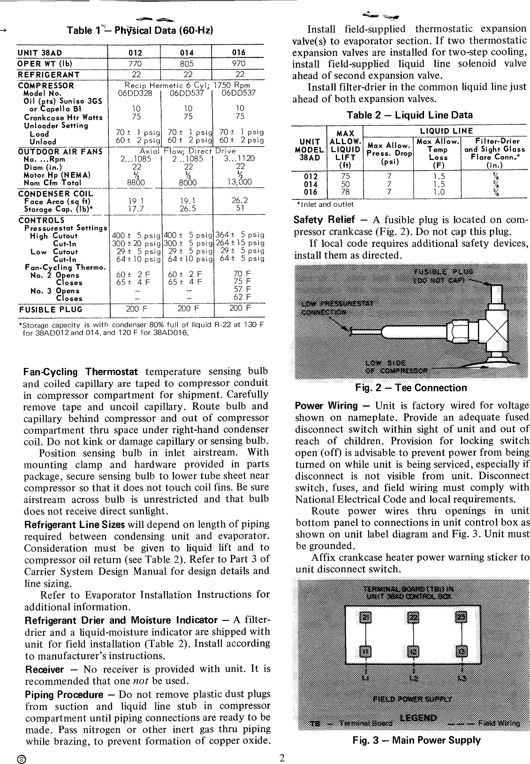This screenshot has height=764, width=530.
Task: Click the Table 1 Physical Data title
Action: (140, 31)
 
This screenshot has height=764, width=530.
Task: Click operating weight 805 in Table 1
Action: (187, 63)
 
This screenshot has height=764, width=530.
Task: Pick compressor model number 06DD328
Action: (135, 93)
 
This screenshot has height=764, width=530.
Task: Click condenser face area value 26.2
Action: (240, 201)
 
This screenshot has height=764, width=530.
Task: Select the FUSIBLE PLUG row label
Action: (51, 310)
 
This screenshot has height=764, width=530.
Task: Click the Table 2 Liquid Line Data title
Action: (409, 115)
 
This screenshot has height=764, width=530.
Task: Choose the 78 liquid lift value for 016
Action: (344, 192)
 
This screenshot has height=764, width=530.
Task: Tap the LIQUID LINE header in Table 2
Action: (445, 131)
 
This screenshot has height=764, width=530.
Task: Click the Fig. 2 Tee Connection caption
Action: (411, 388)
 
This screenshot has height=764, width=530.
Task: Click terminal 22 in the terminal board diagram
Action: (413, 617)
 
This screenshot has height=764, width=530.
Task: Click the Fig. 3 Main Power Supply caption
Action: (416, 741)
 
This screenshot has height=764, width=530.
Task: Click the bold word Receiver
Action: (44, 669)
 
